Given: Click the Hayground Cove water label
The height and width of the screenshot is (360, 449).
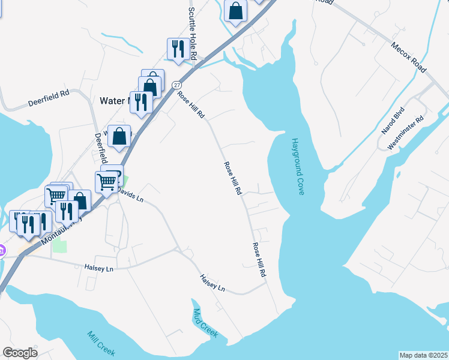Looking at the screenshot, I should pyautogui.click(x=298, y=166).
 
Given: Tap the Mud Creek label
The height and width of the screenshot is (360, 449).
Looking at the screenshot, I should pyautogui.click(x=205, y=323).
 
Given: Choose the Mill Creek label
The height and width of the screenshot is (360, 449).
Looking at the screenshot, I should pyautogui.click(x=100, y=344).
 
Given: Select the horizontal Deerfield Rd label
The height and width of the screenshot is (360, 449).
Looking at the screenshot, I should pyautogui.click(x=49, y=98).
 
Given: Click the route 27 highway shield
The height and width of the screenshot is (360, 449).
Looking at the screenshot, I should pyautogui.click(x=177, y=85).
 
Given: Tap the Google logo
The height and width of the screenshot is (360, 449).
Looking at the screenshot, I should pyautogui.click(x=20, y=353).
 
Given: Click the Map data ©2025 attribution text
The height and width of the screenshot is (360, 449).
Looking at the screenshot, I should pyautogui.click(x=423, y=355).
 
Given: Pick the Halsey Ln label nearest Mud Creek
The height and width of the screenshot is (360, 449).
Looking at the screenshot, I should pyautogui.click(x=212, y=283).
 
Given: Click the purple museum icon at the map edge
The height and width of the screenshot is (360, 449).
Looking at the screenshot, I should pyautogui.click(x=2, y=250).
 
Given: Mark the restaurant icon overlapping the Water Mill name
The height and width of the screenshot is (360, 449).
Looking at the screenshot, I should pyautogui.click(x=141, y=101).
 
